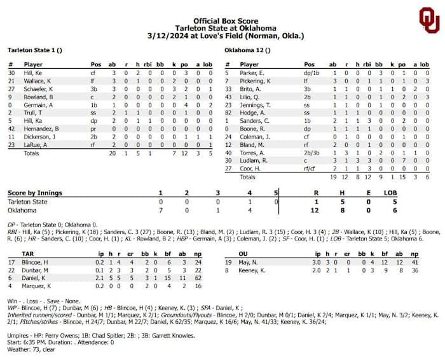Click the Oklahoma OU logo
point(428,20)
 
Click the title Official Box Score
point(221,21)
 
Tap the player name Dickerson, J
point(40,136)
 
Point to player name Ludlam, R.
point(254,160)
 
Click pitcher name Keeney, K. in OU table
point(254,270)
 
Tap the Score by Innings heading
point(35,193)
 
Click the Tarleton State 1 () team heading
point(34,49)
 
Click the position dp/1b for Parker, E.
point(311,73)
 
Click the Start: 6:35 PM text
point(27,342)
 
